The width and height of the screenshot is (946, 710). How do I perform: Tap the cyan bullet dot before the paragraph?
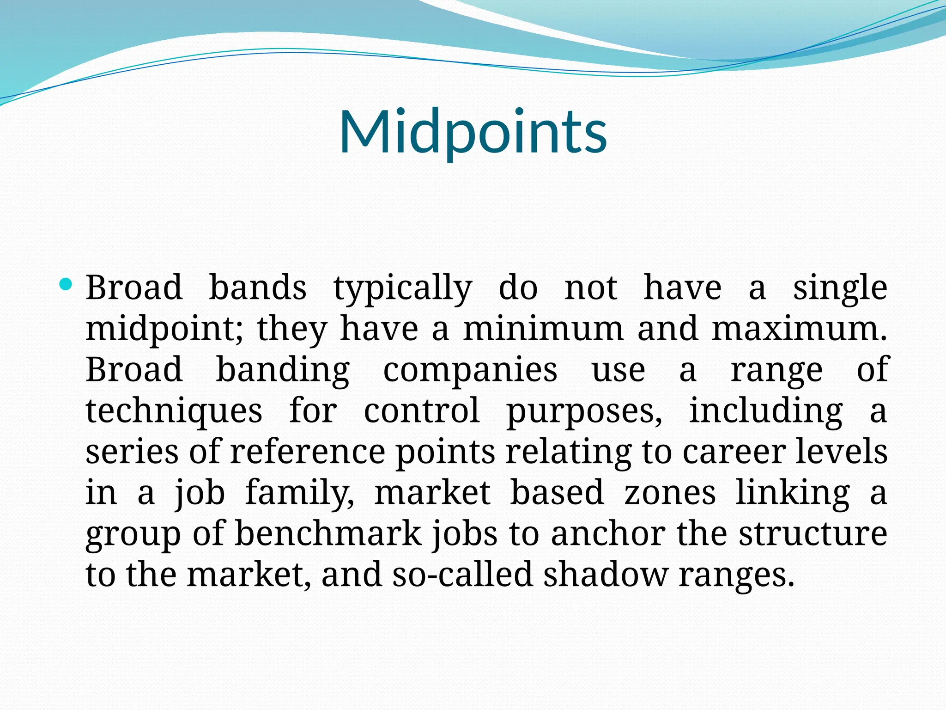66,284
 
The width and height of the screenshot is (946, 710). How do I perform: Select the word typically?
402,288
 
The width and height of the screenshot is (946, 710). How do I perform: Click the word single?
840,288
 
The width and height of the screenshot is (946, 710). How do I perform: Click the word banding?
283,370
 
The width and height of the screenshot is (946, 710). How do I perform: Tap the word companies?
470,370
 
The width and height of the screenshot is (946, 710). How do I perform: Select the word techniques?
174,411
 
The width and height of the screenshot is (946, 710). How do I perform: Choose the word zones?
670,493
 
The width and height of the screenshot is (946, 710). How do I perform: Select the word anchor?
608,533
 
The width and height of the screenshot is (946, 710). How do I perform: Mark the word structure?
813,533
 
